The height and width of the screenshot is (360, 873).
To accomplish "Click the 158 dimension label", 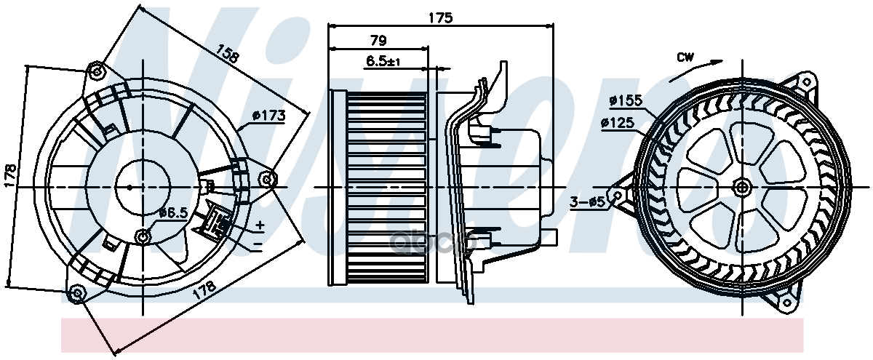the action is point(227,52).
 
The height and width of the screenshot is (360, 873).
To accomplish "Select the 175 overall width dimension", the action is point(440,18).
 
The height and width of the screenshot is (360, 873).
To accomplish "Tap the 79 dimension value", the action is point(378,40).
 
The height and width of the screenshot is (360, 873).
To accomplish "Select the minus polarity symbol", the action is point(258,244).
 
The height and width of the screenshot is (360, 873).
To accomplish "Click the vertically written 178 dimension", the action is point(10,175).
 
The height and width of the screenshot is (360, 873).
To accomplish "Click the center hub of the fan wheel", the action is point(741,188).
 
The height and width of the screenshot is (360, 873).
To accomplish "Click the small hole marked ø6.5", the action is point(143,235).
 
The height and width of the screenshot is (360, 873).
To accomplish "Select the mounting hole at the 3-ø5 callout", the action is point(619,195).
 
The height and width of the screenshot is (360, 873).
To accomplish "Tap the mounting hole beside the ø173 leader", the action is point(268,178).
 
